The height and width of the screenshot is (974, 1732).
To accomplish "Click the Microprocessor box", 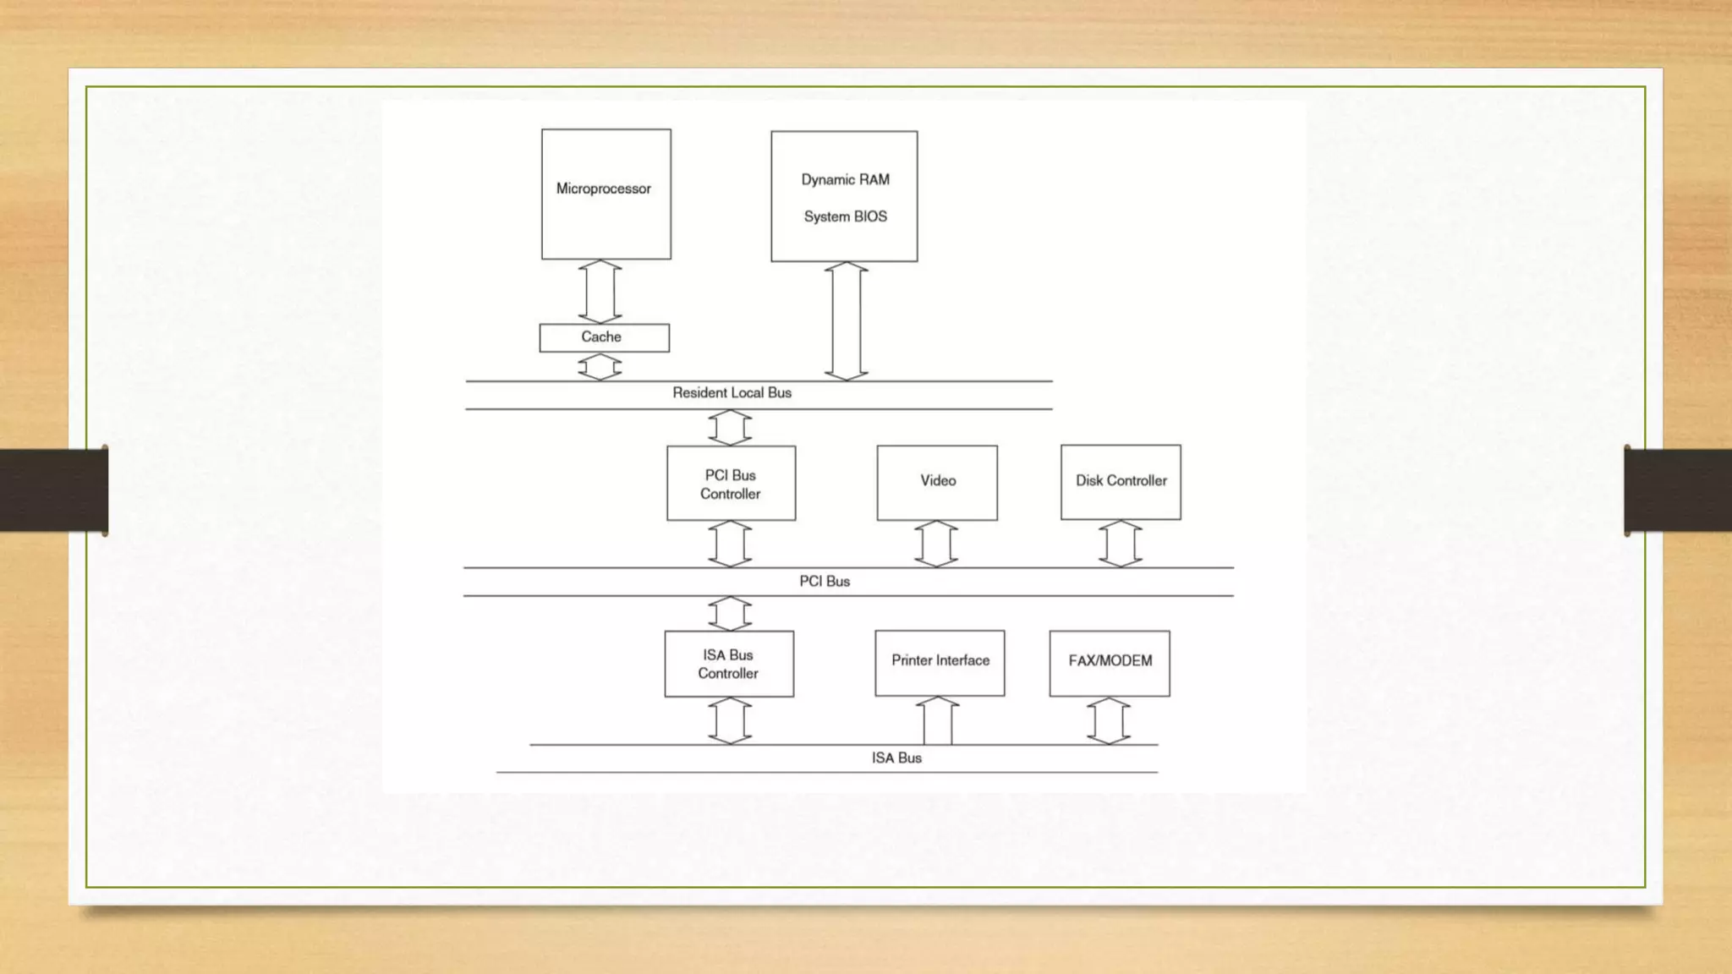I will pos(606,194).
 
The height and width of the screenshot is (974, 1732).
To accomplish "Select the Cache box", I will pos(604,337).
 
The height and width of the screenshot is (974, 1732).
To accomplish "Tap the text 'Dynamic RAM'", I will pos(845,179).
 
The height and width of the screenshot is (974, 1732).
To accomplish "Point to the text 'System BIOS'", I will pos(845,216).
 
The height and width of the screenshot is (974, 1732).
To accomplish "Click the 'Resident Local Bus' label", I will pos(732,392).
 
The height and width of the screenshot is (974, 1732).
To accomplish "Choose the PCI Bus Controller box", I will pos(731,483).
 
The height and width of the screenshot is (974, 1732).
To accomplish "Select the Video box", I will pos(937,482).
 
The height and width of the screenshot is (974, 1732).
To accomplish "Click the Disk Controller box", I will pos(1121,482).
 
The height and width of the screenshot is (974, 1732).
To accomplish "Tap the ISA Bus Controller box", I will pos(728,664).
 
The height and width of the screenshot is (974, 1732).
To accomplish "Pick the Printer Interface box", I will pos(940,663).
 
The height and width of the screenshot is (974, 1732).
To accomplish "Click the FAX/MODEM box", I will pos(1110,663).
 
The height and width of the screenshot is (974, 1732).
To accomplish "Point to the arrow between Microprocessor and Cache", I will pos(600,292).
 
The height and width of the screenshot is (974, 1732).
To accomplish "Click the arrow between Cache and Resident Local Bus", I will pos(600,367).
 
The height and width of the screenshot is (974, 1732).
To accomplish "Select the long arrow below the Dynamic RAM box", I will pos(846,321).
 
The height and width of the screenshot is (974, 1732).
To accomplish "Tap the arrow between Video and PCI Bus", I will pos(936,544).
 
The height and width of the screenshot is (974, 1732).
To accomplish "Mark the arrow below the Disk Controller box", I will pos(1121,544).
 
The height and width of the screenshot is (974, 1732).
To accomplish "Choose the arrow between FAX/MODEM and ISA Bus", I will pos(1109,721).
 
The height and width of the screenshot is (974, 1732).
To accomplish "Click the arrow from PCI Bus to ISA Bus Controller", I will pos(730,614).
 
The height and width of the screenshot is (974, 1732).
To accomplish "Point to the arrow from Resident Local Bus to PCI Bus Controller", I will pos(730,428).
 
